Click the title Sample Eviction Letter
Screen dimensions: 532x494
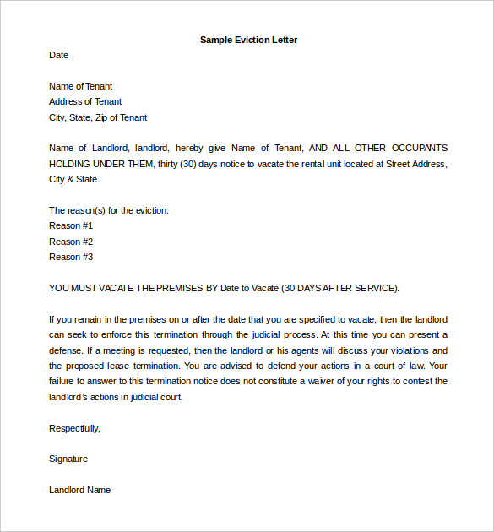click(248, 40)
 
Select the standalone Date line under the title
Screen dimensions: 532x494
click(58, 55)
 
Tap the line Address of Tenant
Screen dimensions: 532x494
click(85, 101)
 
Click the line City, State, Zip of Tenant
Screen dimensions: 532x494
click(98, 117)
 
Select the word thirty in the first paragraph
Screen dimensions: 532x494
click(170, 164)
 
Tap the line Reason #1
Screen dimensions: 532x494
click(71, 225)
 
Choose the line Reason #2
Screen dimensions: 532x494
click(71, 242)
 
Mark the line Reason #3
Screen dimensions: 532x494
click(71, 257)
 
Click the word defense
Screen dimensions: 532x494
click(68, 350)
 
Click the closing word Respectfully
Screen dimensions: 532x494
click(74, 428)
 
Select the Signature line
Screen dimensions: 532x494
click(68, 459)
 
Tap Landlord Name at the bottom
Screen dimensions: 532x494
click(79, 490)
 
